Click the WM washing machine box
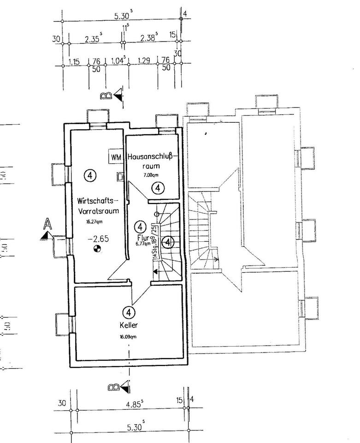pos(115,157)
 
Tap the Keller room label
pos(129,325)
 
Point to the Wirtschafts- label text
pos(98,201)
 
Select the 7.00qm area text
pos(151,176)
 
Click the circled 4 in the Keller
pos(129,313)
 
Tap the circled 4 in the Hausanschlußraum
pos(158,188)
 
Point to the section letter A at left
pos(47,224)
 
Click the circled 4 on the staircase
pos(169,241)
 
